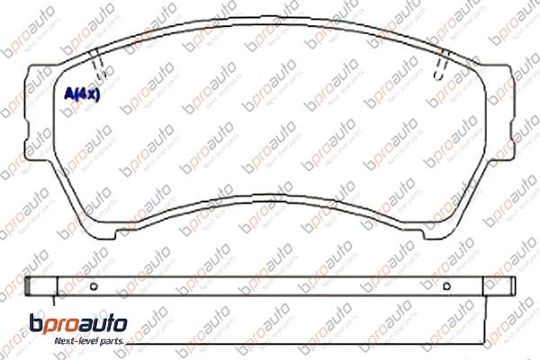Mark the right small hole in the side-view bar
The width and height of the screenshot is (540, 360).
pos(447,287)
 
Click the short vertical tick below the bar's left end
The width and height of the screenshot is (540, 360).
pos(55,303)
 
